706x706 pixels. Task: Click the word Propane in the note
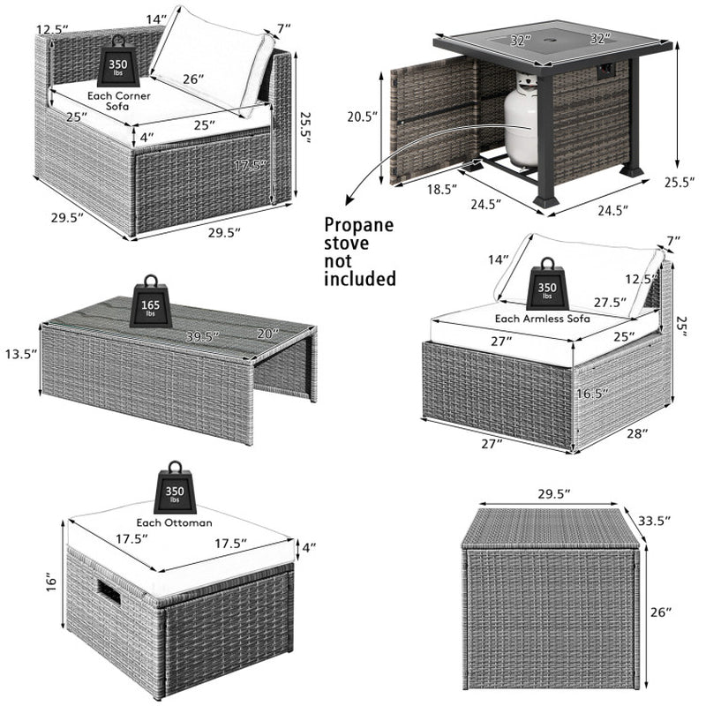pos(360,225)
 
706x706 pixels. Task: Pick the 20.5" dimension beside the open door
pos(359,117)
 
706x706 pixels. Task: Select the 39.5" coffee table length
pos(203,334)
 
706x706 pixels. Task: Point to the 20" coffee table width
pos(269,333)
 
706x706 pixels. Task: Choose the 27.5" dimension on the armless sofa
pos(610,301)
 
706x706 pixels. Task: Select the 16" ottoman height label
pos(52,582)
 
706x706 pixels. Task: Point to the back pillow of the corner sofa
pos(212,62)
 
